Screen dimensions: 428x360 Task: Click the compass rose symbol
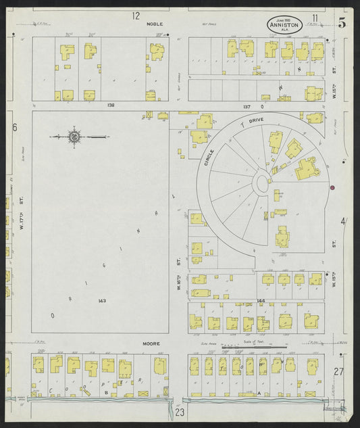click(x=74, y=137)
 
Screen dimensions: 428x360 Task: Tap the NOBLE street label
click(x=155, y=24)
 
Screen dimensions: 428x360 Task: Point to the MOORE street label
click(x=151, y=343)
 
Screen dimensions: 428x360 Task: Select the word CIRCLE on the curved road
click(x=210, y=158)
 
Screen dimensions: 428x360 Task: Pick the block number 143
click(x=102, y=300)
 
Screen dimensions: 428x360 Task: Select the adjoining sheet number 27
click(x=338, y=371)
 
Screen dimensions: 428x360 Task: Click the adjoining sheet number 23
click(x=180, y=412)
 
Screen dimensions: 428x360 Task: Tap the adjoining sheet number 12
click(x=136, y=16)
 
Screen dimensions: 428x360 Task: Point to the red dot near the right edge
click(x=332, y=187)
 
